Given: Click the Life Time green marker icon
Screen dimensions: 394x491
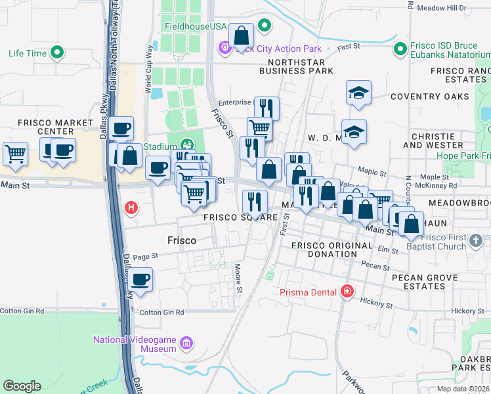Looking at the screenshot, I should coord(57,52).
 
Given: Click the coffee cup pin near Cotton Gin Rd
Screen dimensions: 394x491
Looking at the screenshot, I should coord(140,280).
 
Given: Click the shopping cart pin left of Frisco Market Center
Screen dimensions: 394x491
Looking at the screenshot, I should coord(15,154).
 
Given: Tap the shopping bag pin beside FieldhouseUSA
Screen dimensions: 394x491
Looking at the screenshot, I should coord(242,35).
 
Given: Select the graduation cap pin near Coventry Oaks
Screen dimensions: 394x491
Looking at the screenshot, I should coord(358,93).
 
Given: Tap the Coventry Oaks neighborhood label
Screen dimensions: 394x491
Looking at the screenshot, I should coord(430,97).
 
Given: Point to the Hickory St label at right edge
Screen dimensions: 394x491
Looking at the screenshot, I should coord(467,311).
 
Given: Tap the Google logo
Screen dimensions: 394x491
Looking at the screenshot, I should coord(22,386).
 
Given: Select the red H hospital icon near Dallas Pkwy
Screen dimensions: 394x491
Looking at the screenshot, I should coord(131,208).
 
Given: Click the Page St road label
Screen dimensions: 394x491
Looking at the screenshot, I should coord(146,256).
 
